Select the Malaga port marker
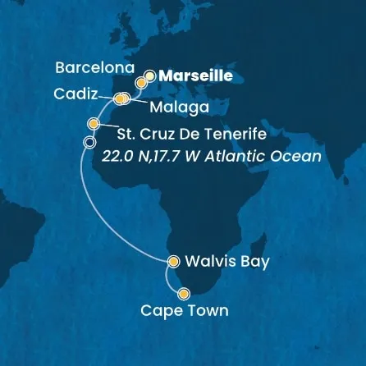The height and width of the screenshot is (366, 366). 126,100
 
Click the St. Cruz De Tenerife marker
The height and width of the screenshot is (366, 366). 94,124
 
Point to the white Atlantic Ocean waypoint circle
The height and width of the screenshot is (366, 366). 89,143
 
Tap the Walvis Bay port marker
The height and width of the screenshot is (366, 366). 173,263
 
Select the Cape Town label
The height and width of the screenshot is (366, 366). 184,312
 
